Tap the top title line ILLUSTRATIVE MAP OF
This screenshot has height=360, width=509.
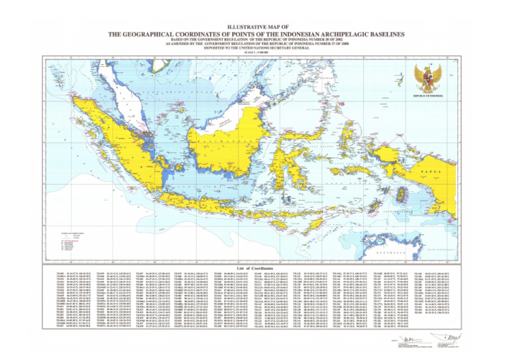tap(254, 25)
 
